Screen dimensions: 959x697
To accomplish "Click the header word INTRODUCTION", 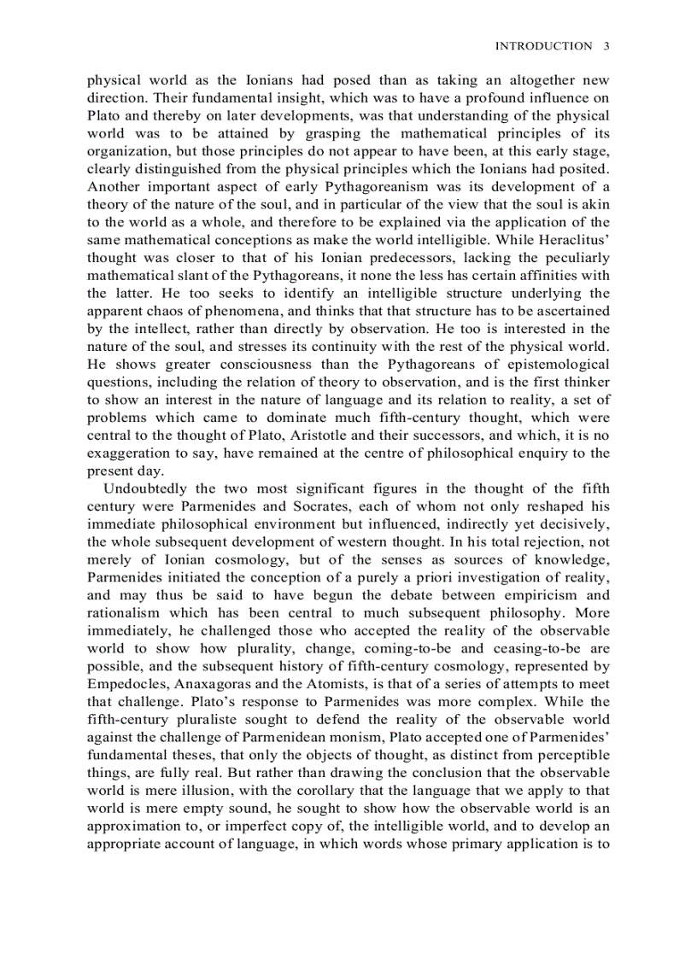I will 543,46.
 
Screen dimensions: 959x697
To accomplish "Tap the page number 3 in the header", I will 606,46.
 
